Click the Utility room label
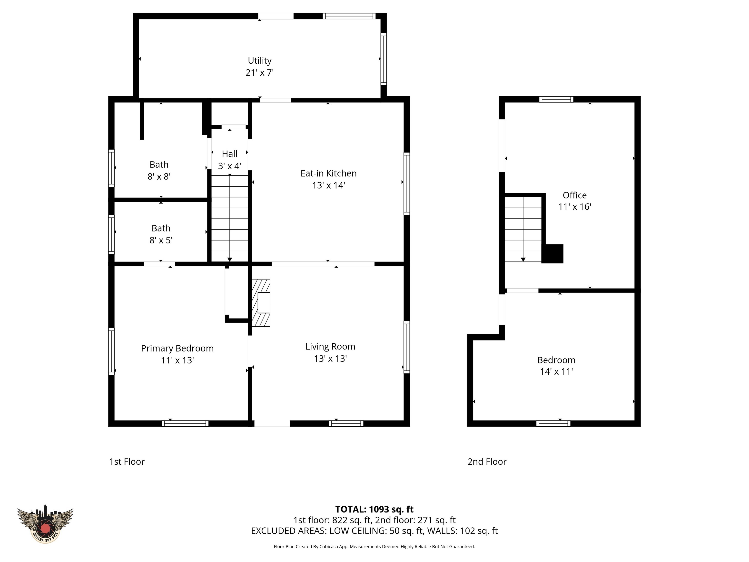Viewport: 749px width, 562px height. pyautogui.click(x=259, y=61)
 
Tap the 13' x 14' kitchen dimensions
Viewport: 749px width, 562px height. pyautogui.click(x=328, y=185)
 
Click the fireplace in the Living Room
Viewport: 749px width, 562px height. pyautogui.click(x=261, y=302)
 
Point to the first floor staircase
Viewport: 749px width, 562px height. pyautogui.click(x=230, y=219)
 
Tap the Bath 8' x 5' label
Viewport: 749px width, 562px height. pyautogui.click(x=161, y=234)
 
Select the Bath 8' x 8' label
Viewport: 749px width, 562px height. pyautogui.click(x=159, y=171)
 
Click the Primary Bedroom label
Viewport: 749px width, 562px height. pyautogui.click(x=177, y=348)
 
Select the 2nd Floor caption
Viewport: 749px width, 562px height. pyautogui.click(x=487, y=462)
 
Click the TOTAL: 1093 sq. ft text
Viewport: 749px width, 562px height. pyautogui.click(x=374, y=510)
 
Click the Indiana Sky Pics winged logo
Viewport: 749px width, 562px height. pyautogui.click(x=45, y=524)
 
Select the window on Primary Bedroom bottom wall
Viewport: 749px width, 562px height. pyautogui.click(x=185, y=423)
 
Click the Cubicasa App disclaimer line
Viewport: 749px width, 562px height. pyautogui.click(x=374, y=546)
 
